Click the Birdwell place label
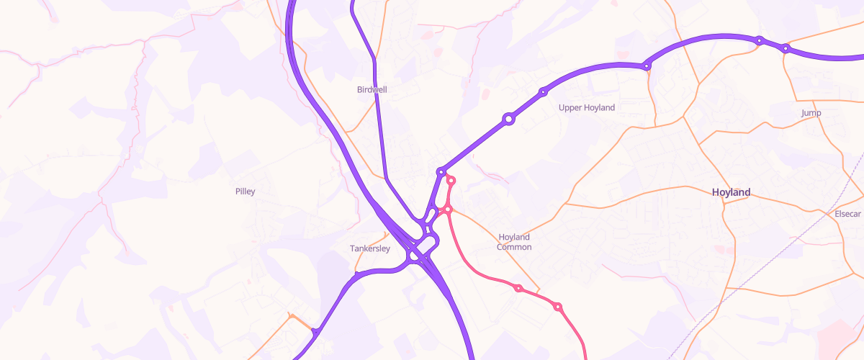point(372,90)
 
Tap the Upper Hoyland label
point(587,108)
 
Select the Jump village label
point(811,113)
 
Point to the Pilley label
point(245,192)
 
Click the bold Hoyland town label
point(731,192)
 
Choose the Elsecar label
point(847,215)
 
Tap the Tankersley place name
point(369,249)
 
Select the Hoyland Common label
point(514,242)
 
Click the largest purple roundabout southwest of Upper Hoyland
point(508,119)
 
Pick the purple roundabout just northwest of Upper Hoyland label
point(543,91)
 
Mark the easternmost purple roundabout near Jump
point(786,48)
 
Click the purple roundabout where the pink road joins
point(441,172)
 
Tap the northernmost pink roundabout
point(451,180)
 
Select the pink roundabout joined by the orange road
point(447,210)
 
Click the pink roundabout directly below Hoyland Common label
point(518,288)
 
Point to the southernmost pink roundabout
point(557,307)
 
